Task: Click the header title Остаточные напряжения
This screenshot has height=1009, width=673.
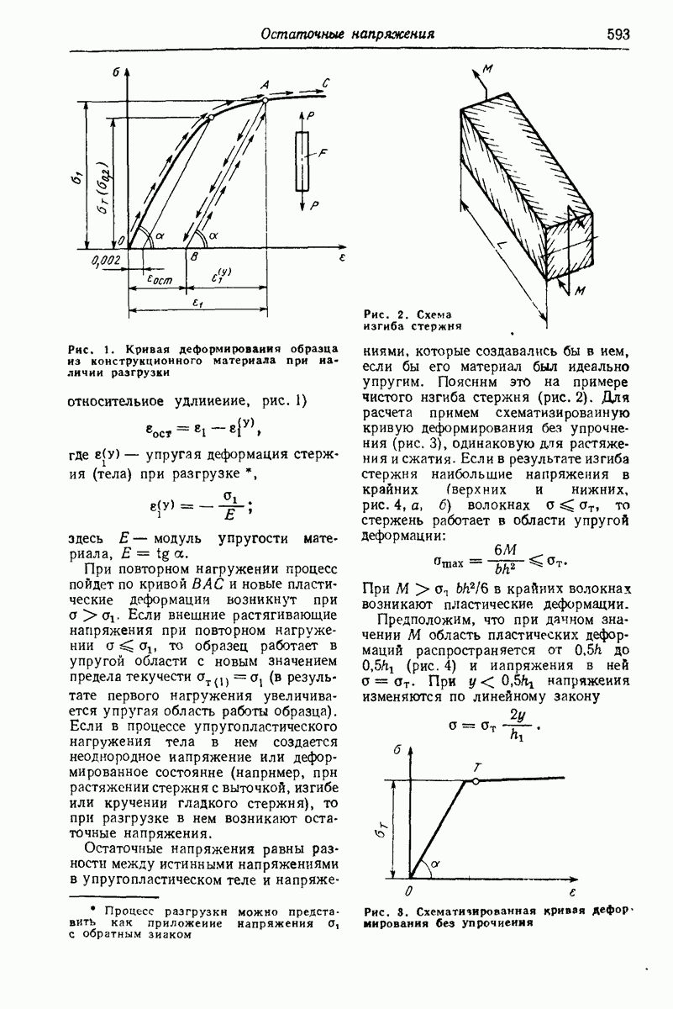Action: tap(348, 34)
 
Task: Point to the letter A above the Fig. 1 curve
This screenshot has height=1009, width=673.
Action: tap(266, 85)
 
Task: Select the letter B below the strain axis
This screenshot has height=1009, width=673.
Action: tap(195, 258)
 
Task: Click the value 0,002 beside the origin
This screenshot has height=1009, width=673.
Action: tap(107, 260)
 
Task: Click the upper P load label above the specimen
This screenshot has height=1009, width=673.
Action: tap(311, 114)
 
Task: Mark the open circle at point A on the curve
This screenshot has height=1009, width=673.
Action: tap(265, 99)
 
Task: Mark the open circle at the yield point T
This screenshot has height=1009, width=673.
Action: tap(476, 781)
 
